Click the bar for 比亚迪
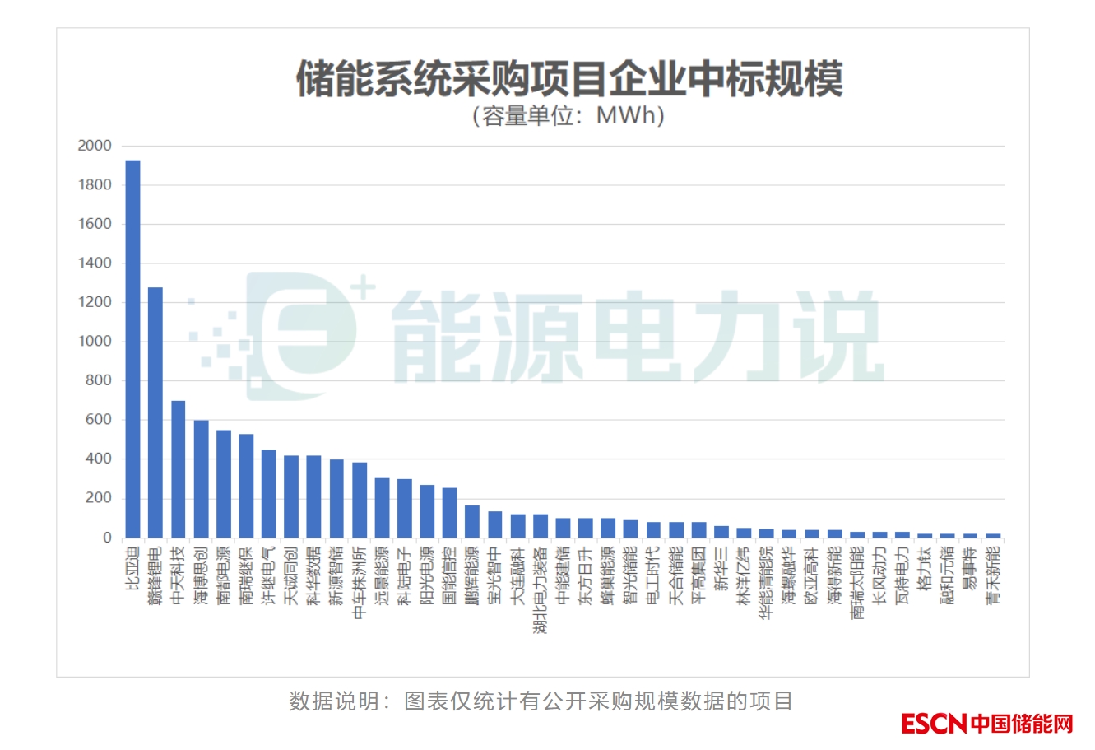[x=132, y=348]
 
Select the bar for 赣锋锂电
[x=155, y=412]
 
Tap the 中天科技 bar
[x=178, y=468]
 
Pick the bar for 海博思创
[x=201, y=478]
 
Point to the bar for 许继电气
[x=268, y=493]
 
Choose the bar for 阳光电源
[x=427, y=510]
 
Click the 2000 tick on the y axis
[x=95, y=146]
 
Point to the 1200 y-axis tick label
[x=95, y=302]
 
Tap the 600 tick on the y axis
[x=98, y=420]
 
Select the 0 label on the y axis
[x=107, y=538]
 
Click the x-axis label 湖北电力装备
[x=541, y=589]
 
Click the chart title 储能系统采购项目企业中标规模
[x=569, y=80]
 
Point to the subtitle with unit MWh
[x=568, y=115]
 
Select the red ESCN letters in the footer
[x=933, y=724]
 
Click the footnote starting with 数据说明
[x=541, y=701]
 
